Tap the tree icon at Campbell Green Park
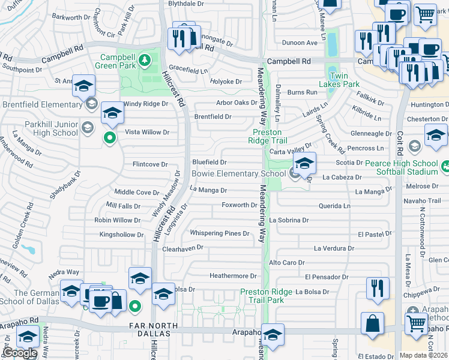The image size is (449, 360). pyautogui.click(x=144, y=61)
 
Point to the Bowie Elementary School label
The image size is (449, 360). pyautogui.click(x=238, y=174)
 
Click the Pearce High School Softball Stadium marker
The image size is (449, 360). pyautogui.click(x=445, y=166)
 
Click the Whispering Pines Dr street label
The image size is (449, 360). pyautogui.click(x=219, y=233)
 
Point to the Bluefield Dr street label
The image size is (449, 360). pyautogui.click(x=209, y=162)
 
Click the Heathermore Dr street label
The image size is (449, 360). pyautogui.click(x=233, y=276)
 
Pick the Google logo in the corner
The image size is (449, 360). pyautogui.click(x=20, y=353)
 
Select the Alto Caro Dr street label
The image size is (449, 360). pyautogui.click(x=287, y=263)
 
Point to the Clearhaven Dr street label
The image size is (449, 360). pyautogui.click(x=183, y=247)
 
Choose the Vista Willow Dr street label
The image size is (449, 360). pyautogui.click(x=147, y=132)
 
